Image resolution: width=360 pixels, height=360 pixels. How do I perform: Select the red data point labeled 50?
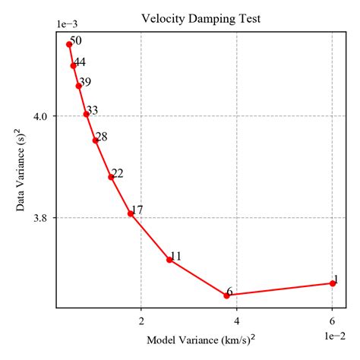69,44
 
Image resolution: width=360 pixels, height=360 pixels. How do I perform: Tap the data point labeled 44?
74,65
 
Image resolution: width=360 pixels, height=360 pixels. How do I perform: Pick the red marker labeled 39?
79,86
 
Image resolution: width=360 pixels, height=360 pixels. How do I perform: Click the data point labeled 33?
87,114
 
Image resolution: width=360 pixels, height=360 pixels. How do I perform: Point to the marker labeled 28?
96,141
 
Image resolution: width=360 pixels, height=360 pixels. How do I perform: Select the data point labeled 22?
112,177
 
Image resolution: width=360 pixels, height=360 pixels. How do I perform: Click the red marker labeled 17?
131,213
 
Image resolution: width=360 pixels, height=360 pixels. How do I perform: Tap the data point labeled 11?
169,260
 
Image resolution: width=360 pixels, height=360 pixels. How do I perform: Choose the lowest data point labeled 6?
227,295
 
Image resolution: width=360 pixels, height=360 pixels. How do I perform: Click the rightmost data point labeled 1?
333,283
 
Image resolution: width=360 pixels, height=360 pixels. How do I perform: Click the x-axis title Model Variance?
201,339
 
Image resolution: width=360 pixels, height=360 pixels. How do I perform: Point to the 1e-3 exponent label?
68,25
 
